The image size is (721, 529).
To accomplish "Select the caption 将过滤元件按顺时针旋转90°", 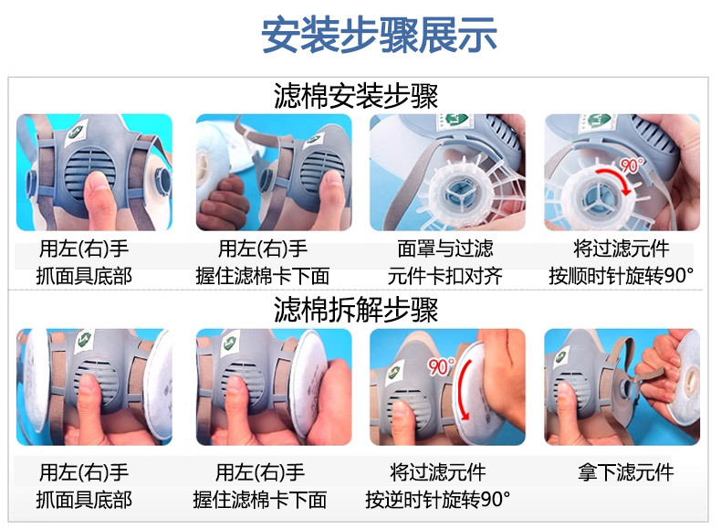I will point(622,262).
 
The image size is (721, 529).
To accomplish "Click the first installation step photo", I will point(94,172).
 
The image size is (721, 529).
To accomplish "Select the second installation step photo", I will point(271,172).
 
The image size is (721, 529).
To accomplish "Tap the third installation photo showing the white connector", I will point(446,172).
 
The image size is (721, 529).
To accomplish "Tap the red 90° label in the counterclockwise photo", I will point(441,367).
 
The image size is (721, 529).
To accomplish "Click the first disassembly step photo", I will point(94,387).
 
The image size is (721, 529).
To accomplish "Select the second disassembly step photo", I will point(271,387).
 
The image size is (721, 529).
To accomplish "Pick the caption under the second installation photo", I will point(263,262).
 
